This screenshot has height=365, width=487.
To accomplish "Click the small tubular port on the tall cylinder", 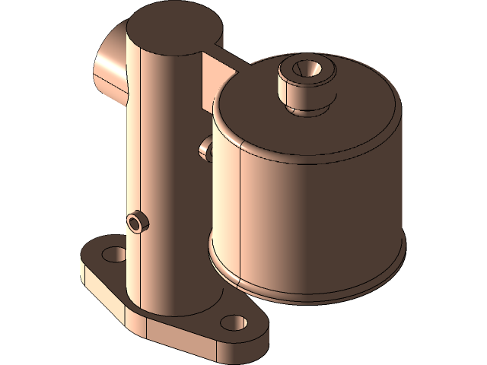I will coord(138,221).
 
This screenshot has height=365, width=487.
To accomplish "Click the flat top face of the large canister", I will coord(350,106).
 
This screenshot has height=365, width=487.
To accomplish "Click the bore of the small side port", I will coord(136,221).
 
